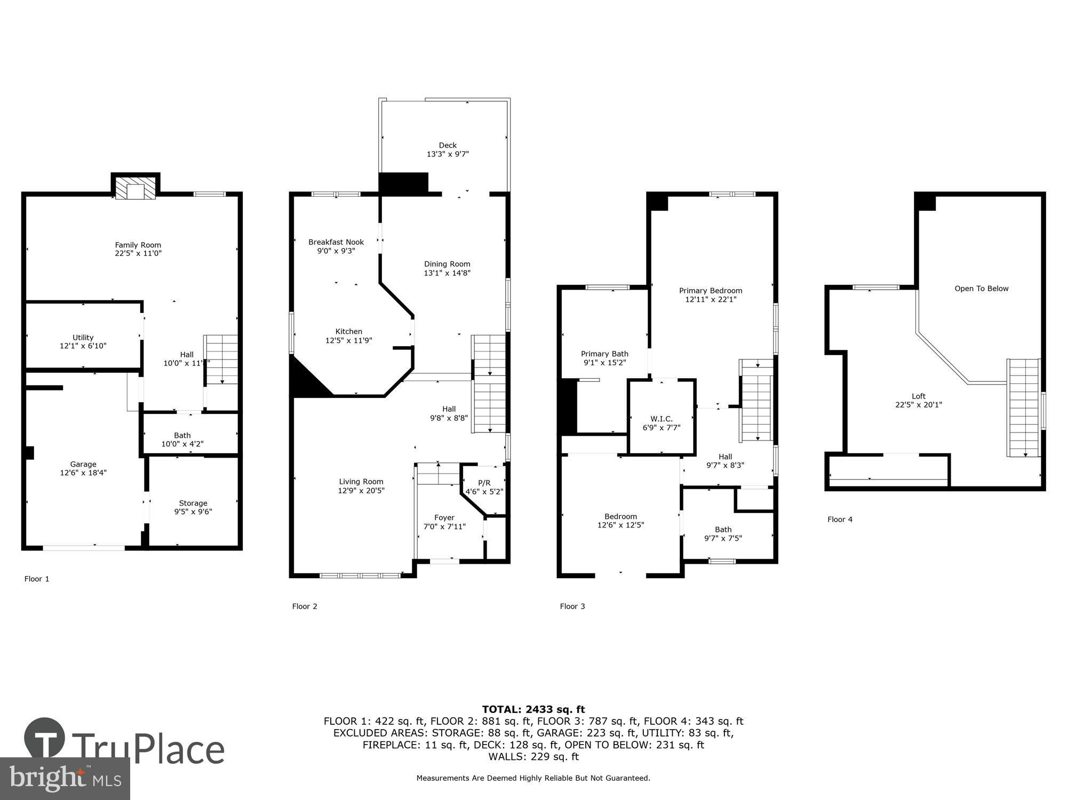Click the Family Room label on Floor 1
pos(138,245)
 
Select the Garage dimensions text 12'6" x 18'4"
pos(83,473)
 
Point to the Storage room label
pos(193,503)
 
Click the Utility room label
pos(83,338)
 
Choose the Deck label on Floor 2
pos(448,145)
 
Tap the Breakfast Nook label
pos(336,242)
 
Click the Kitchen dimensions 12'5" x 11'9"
pos(349,340)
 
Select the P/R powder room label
pos(484,483)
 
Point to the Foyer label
pos(444,517)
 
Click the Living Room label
pos(361,482)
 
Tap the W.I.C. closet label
pos(662,419)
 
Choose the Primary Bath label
pos(604,354)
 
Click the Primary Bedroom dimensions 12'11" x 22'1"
pos(711,300)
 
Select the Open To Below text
pos(982,289)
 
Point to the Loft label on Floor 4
pos(919,396)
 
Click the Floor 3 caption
pos(572,606)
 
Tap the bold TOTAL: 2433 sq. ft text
pos(533,709)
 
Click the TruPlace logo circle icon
pos(45,739)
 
